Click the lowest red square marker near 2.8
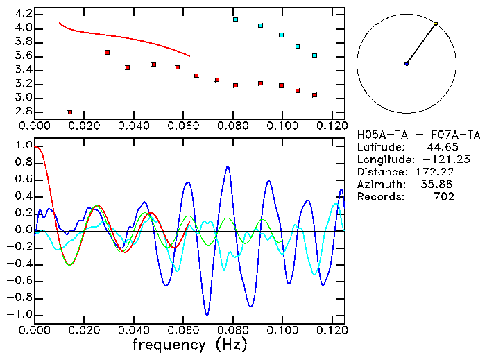pos(70,112)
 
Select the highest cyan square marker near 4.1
pos(236,19)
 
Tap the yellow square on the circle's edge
pos(436,24)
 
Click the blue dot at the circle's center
pos(407,64)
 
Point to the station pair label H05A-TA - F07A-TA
pos(406,135)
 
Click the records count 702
pos(444,197)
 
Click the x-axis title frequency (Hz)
pos(189,344)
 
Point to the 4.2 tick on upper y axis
pos(22,14)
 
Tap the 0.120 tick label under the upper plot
pos(332,126)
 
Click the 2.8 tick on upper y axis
pos(22,112)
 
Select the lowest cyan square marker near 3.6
pos(314,55)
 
